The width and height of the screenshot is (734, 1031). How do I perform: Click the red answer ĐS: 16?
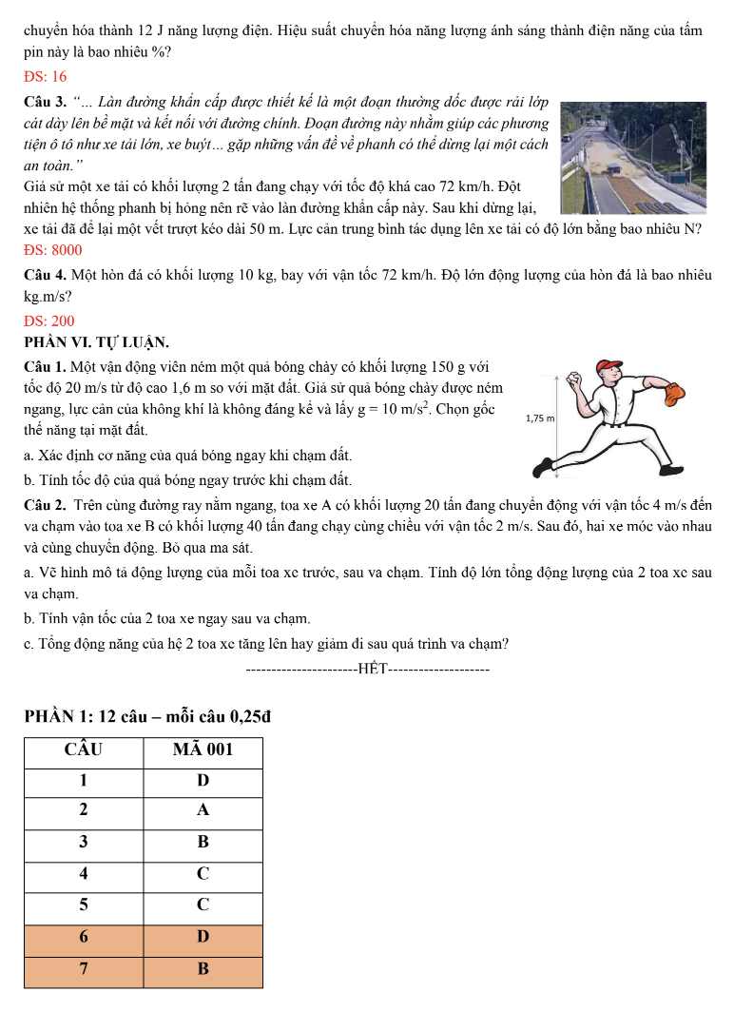(46, 76)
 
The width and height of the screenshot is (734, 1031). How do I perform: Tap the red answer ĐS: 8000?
(53, 250)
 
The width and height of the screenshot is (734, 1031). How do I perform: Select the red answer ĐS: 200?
(49, 321)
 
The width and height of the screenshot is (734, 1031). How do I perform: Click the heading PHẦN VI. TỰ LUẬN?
(97, 342)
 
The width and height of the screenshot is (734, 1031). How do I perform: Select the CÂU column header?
(84, 749)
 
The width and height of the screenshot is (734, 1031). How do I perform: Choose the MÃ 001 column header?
(203, 749)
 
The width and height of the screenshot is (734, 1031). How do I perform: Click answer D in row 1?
(203, 781)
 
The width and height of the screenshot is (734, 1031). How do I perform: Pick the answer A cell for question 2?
(203, 811)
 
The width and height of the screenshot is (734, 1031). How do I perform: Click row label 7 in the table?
(84, 969)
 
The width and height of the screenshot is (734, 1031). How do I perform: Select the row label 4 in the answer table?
(84, 873)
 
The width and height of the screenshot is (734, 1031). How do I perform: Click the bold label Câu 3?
(45, 100)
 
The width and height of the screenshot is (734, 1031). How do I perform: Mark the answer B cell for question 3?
(203, 842)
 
